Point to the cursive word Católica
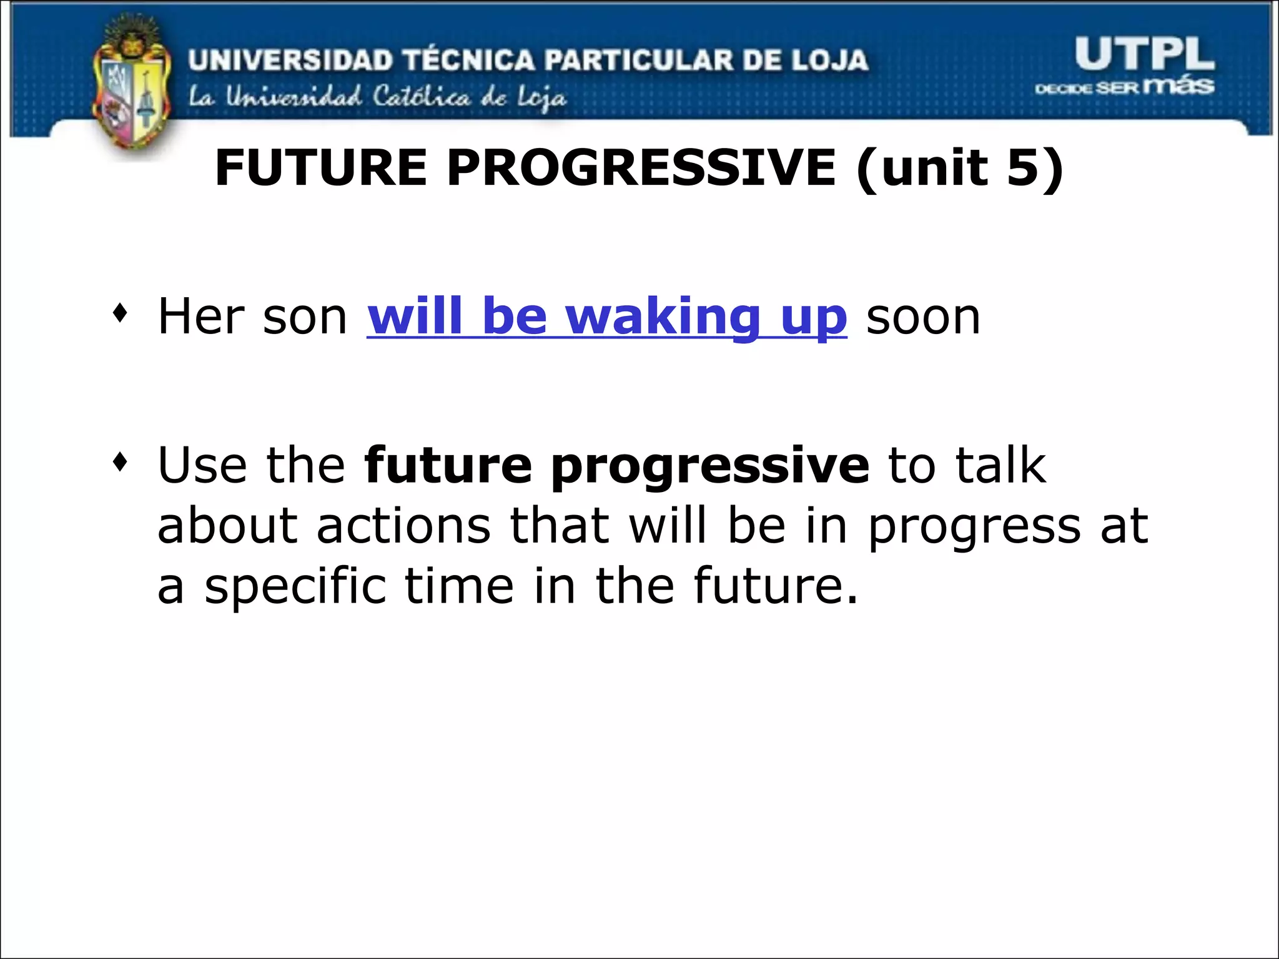(421, 97)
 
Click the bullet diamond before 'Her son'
(120, 313)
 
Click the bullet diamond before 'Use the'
(120, 463)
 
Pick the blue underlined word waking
(663, 317)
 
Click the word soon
(923, 317)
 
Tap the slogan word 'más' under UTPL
(1178, 85)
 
